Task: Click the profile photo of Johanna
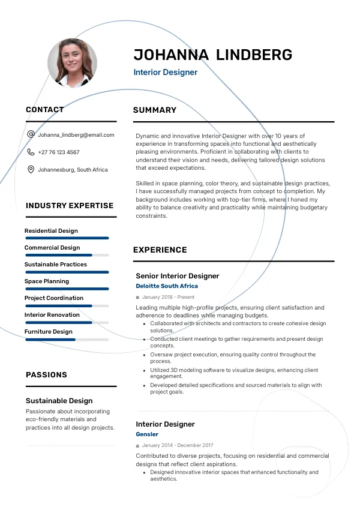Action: tap(72, 63)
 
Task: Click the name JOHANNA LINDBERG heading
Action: tap(212, 55)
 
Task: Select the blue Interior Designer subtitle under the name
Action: tap(165, 73)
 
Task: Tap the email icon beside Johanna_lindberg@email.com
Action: tap(31, 135)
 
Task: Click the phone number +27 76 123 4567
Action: tap(58, 152)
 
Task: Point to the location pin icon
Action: tap(31, 170)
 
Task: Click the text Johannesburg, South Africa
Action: tap(73, 170)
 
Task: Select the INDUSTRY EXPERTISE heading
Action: tap(70, 205)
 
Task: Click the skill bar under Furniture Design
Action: tap(67, 340)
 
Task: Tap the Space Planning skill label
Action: tap(47, 281)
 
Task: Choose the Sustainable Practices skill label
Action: tap(56, 265)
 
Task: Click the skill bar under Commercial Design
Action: tap(67, 255)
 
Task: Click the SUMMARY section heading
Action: tap(155, 110)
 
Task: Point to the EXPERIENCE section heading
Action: tap(160, 250)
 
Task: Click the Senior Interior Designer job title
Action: tap(178, 276)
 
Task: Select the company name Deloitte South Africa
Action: tap(167, 286)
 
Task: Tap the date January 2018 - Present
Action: tap(168, 297)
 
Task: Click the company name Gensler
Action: tap(147, 434)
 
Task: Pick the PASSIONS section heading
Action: tap(46, 374)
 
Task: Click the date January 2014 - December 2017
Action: tap(178, 445)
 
